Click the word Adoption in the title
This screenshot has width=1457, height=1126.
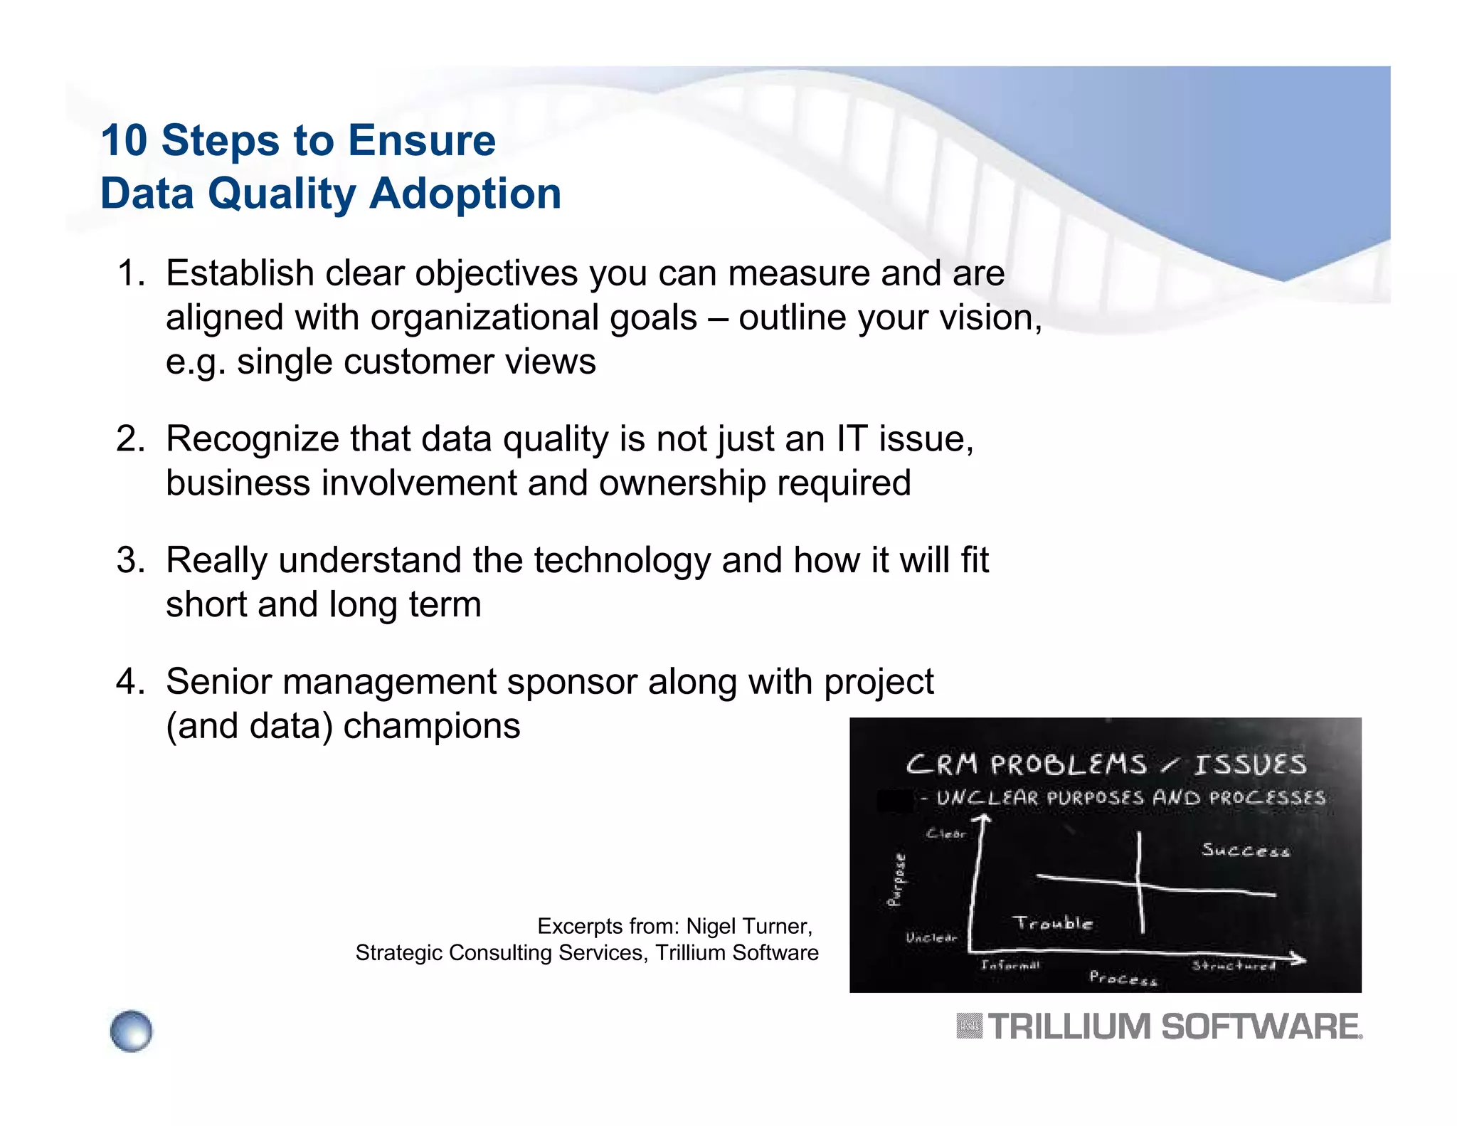coord(465,194)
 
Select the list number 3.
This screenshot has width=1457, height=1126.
coord(129,560)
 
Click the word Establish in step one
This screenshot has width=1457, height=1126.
coord(240,273)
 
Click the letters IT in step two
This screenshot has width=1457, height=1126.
coord(852,438)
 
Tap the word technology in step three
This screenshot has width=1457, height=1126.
coord(622,560)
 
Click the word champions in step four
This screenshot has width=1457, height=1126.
coord(431,726)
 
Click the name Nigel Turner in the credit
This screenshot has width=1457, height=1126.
coord(748,926)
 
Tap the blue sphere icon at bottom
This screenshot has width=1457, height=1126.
coord(132,1031)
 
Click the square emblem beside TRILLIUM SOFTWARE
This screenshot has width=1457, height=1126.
coord(969,1026)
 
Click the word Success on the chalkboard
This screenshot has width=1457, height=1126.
coord(1245,850)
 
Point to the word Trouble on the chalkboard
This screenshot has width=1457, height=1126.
coord(1052,923)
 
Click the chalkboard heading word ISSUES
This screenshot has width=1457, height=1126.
coord(1250,765)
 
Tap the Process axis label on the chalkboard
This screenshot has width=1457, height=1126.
coord(1123,979)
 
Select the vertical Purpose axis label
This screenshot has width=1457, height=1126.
coord(898,880)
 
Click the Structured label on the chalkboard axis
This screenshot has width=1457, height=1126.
coord(1234,966)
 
